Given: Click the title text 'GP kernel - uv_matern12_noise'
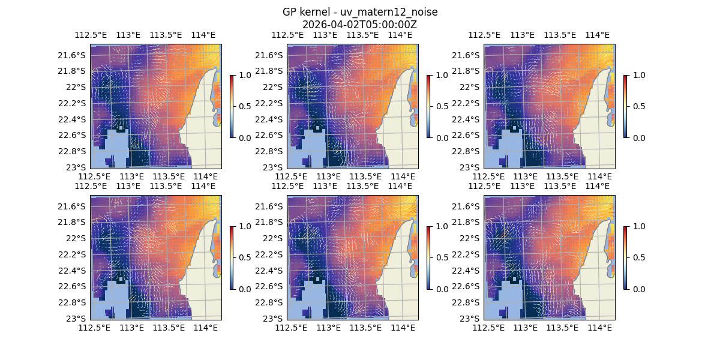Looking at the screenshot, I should click(360, 13).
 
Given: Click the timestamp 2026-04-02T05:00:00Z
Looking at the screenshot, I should click(360, 25).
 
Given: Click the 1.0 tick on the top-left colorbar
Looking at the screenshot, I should click(244, 75).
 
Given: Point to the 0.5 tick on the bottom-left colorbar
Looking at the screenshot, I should click(244, 257).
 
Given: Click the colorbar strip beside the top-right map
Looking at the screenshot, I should click(626, 106).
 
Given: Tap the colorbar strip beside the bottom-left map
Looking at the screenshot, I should click(232, 257).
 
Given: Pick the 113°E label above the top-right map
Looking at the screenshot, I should click(522, 35).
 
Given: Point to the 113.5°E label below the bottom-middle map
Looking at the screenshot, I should click(365, 328).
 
